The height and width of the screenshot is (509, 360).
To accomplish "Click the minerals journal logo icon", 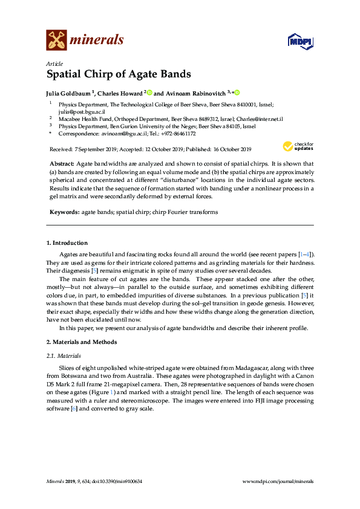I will pyautogui.click(x=56, y=41).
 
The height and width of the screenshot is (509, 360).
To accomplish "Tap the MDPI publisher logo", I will pyautogui.click(x=299, y=42).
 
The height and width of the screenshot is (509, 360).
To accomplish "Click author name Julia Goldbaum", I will pyautogui.click(x=68, y=94).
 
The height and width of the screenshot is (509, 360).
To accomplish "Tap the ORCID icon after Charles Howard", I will pyautogui.click(x=149, y=93).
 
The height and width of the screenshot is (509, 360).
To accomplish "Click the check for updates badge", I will pyautogui.click(x=298, y=146).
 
